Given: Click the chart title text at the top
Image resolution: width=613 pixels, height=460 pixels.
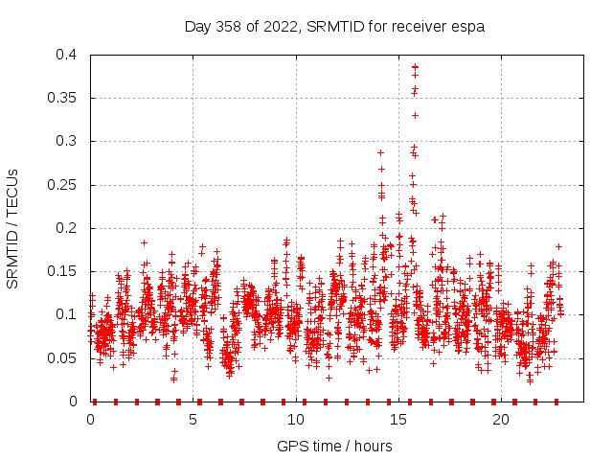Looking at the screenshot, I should coord(334,27).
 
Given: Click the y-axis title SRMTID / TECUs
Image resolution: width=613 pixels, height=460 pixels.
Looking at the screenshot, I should coord(13,228).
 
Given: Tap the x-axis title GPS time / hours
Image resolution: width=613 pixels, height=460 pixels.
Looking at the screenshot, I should coord(334,446).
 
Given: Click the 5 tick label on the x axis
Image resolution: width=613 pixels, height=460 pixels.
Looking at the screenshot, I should coord(193,420).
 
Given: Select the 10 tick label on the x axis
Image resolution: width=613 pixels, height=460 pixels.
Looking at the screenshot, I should coord(296,420).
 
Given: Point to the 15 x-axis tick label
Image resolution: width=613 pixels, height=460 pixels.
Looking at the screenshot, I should coord(398,420).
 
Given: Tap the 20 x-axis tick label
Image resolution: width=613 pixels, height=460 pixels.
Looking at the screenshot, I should coord(501,420).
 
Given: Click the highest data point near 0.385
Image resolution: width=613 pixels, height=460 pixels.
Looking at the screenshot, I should coord(415,67).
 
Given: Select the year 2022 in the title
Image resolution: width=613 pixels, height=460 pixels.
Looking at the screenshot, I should coord(284,27).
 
